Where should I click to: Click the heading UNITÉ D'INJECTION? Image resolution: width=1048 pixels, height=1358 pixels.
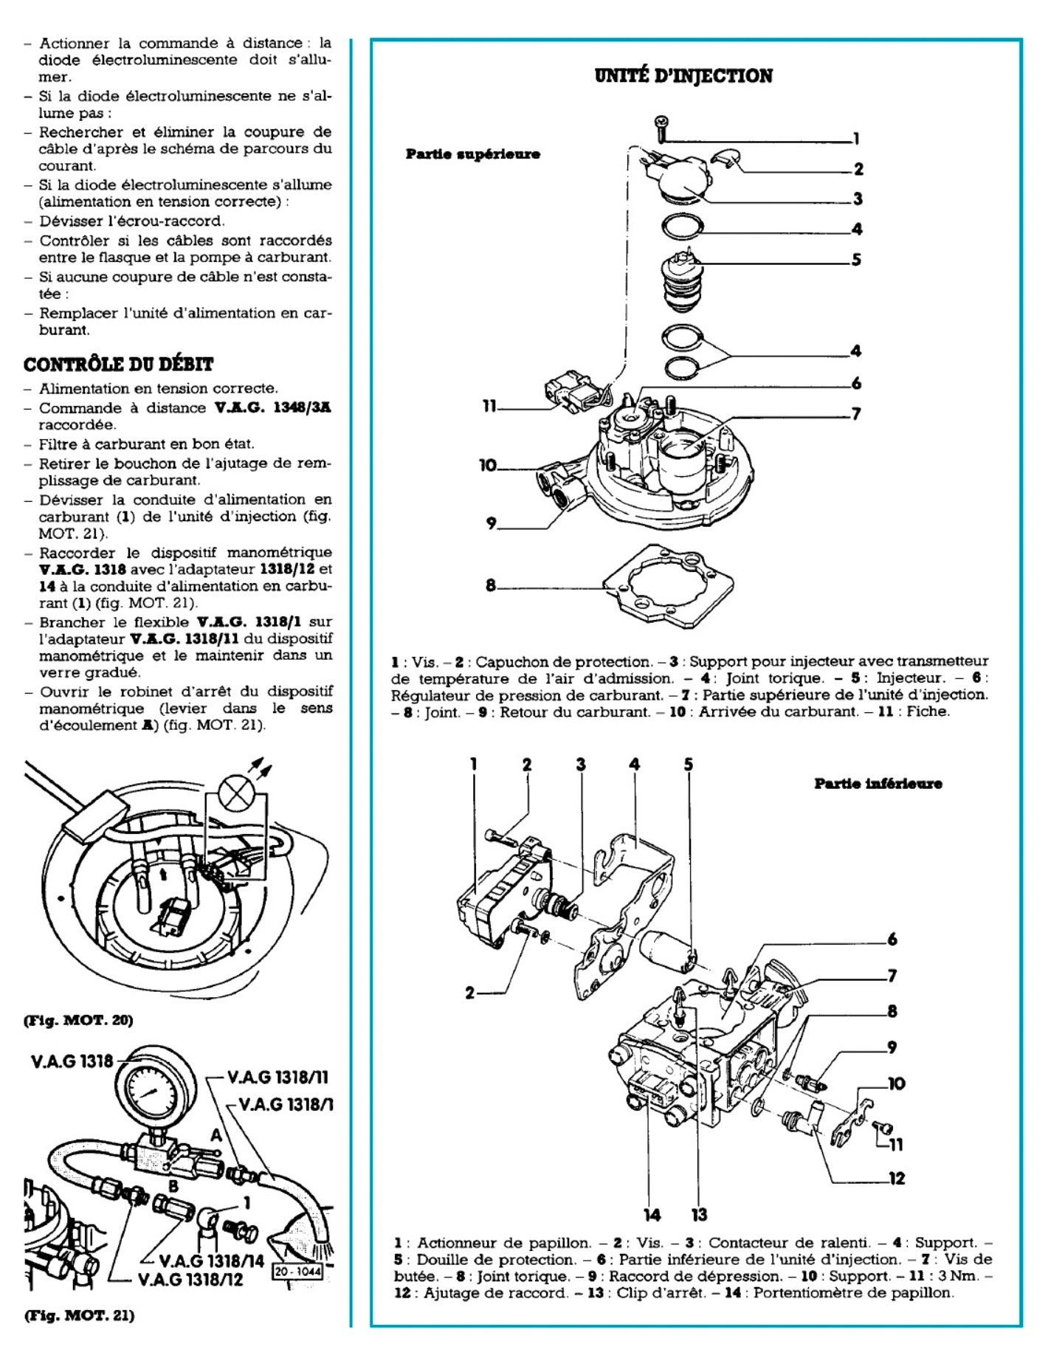[x=683, y=76]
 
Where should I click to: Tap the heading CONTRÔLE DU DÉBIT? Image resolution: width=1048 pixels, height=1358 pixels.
[x=118, y=365]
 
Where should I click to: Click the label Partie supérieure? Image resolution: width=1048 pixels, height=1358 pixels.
[x=472, y=154]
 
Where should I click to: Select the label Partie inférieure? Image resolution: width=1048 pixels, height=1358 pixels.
[x=878, y=784]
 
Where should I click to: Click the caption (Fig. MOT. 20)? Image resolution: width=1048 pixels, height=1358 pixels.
[x=78, y=1020]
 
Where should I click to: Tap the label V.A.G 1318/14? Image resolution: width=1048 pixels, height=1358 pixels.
[x=211, y=1261]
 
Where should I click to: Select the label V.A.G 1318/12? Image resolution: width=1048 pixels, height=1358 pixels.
[x=190, y=1279]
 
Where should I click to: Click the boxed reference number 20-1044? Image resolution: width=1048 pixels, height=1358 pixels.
[x=297, y=1272]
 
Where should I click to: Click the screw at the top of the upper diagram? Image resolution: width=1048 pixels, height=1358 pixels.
[x=661, y=127]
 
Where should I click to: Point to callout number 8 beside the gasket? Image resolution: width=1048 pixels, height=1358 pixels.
[x=491, y=585]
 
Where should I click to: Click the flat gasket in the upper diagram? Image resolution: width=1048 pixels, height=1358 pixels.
[x=668, y=587]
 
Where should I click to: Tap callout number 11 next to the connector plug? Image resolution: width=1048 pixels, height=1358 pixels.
[x=489, y=406]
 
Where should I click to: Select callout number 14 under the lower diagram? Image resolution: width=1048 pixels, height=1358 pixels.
[x=652, y=1214]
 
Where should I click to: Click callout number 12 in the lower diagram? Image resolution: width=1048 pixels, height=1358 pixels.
[x=896, y=1179]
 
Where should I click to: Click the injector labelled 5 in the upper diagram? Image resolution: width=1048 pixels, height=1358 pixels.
[x=682, y=284]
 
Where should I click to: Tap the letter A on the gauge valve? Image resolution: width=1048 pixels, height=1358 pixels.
[x=216, y=1134]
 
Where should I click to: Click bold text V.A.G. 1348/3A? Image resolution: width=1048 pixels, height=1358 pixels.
[x=272, y=408]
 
